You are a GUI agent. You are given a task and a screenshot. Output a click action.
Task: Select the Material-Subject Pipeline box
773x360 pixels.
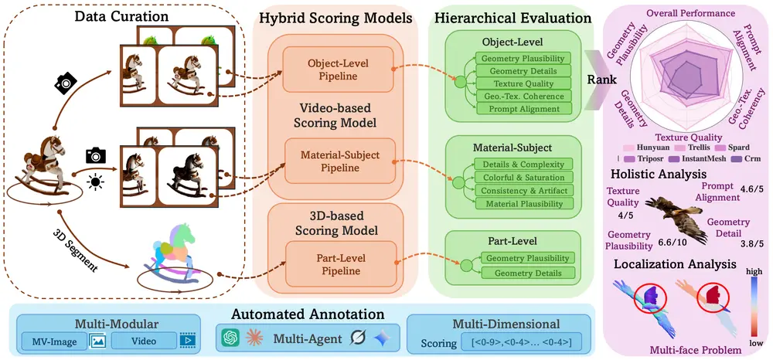(340, 161)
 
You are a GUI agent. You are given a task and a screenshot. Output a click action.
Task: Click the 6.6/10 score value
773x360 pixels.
(670, 242)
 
